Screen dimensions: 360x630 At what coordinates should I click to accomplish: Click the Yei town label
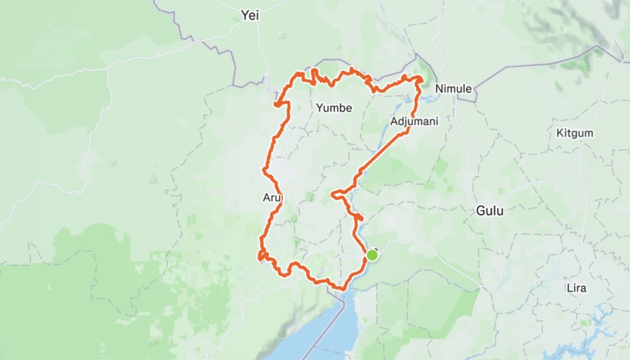tap(250, 15)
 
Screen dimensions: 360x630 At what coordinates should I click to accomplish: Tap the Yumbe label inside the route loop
tap(334, 108)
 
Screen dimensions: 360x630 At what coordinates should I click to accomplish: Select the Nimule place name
tap(453, 89)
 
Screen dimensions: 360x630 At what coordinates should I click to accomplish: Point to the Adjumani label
tap(413, 121)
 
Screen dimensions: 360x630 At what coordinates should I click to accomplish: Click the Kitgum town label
tap(574, 133)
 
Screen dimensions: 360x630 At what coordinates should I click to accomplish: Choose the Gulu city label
tap(490, 211)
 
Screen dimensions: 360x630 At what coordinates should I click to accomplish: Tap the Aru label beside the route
tap(272, 198)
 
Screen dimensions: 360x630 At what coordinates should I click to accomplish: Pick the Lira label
tap(576, 288)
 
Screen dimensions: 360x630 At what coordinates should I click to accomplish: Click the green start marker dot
tap(372, 255)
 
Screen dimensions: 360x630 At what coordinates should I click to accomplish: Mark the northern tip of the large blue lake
tap(345, 295)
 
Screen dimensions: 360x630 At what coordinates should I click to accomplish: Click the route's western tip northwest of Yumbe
tap(277, 104)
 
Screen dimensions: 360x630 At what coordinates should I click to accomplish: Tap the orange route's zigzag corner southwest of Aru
tap(261, 255)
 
